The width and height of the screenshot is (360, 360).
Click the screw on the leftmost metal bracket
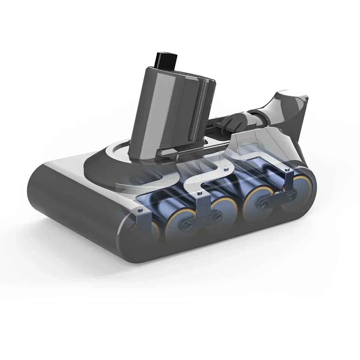(x=139, y=211)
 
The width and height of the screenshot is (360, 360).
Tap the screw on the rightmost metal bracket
(x=288, y=170)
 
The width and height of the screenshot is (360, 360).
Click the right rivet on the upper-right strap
(x=289, y=195)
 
